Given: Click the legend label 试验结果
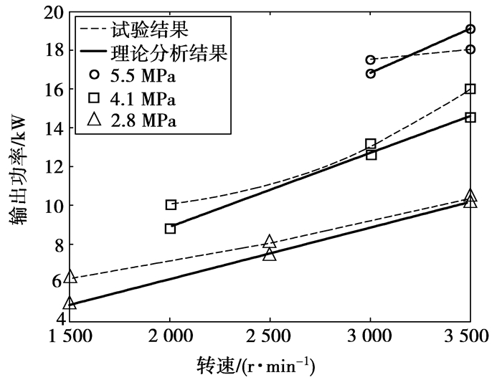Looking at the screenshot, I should tap(148, 30).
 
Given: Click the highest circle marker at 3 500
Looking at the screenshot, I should tap(470, 29).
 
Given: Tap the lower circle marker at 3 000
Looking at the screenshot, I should tap(370, 73).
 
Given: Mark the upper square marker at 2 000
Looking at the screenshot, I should tap(170, 204).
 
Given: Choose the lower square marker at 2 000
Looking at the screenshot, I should tap(170, 228).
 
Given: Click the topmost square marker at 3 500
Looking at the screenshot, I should tap(470, 89).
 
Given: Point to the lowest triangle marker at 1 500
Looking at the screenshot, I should tap(70, 303).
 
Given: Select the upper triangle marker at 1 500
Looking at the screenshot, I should tap(70, 277).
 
